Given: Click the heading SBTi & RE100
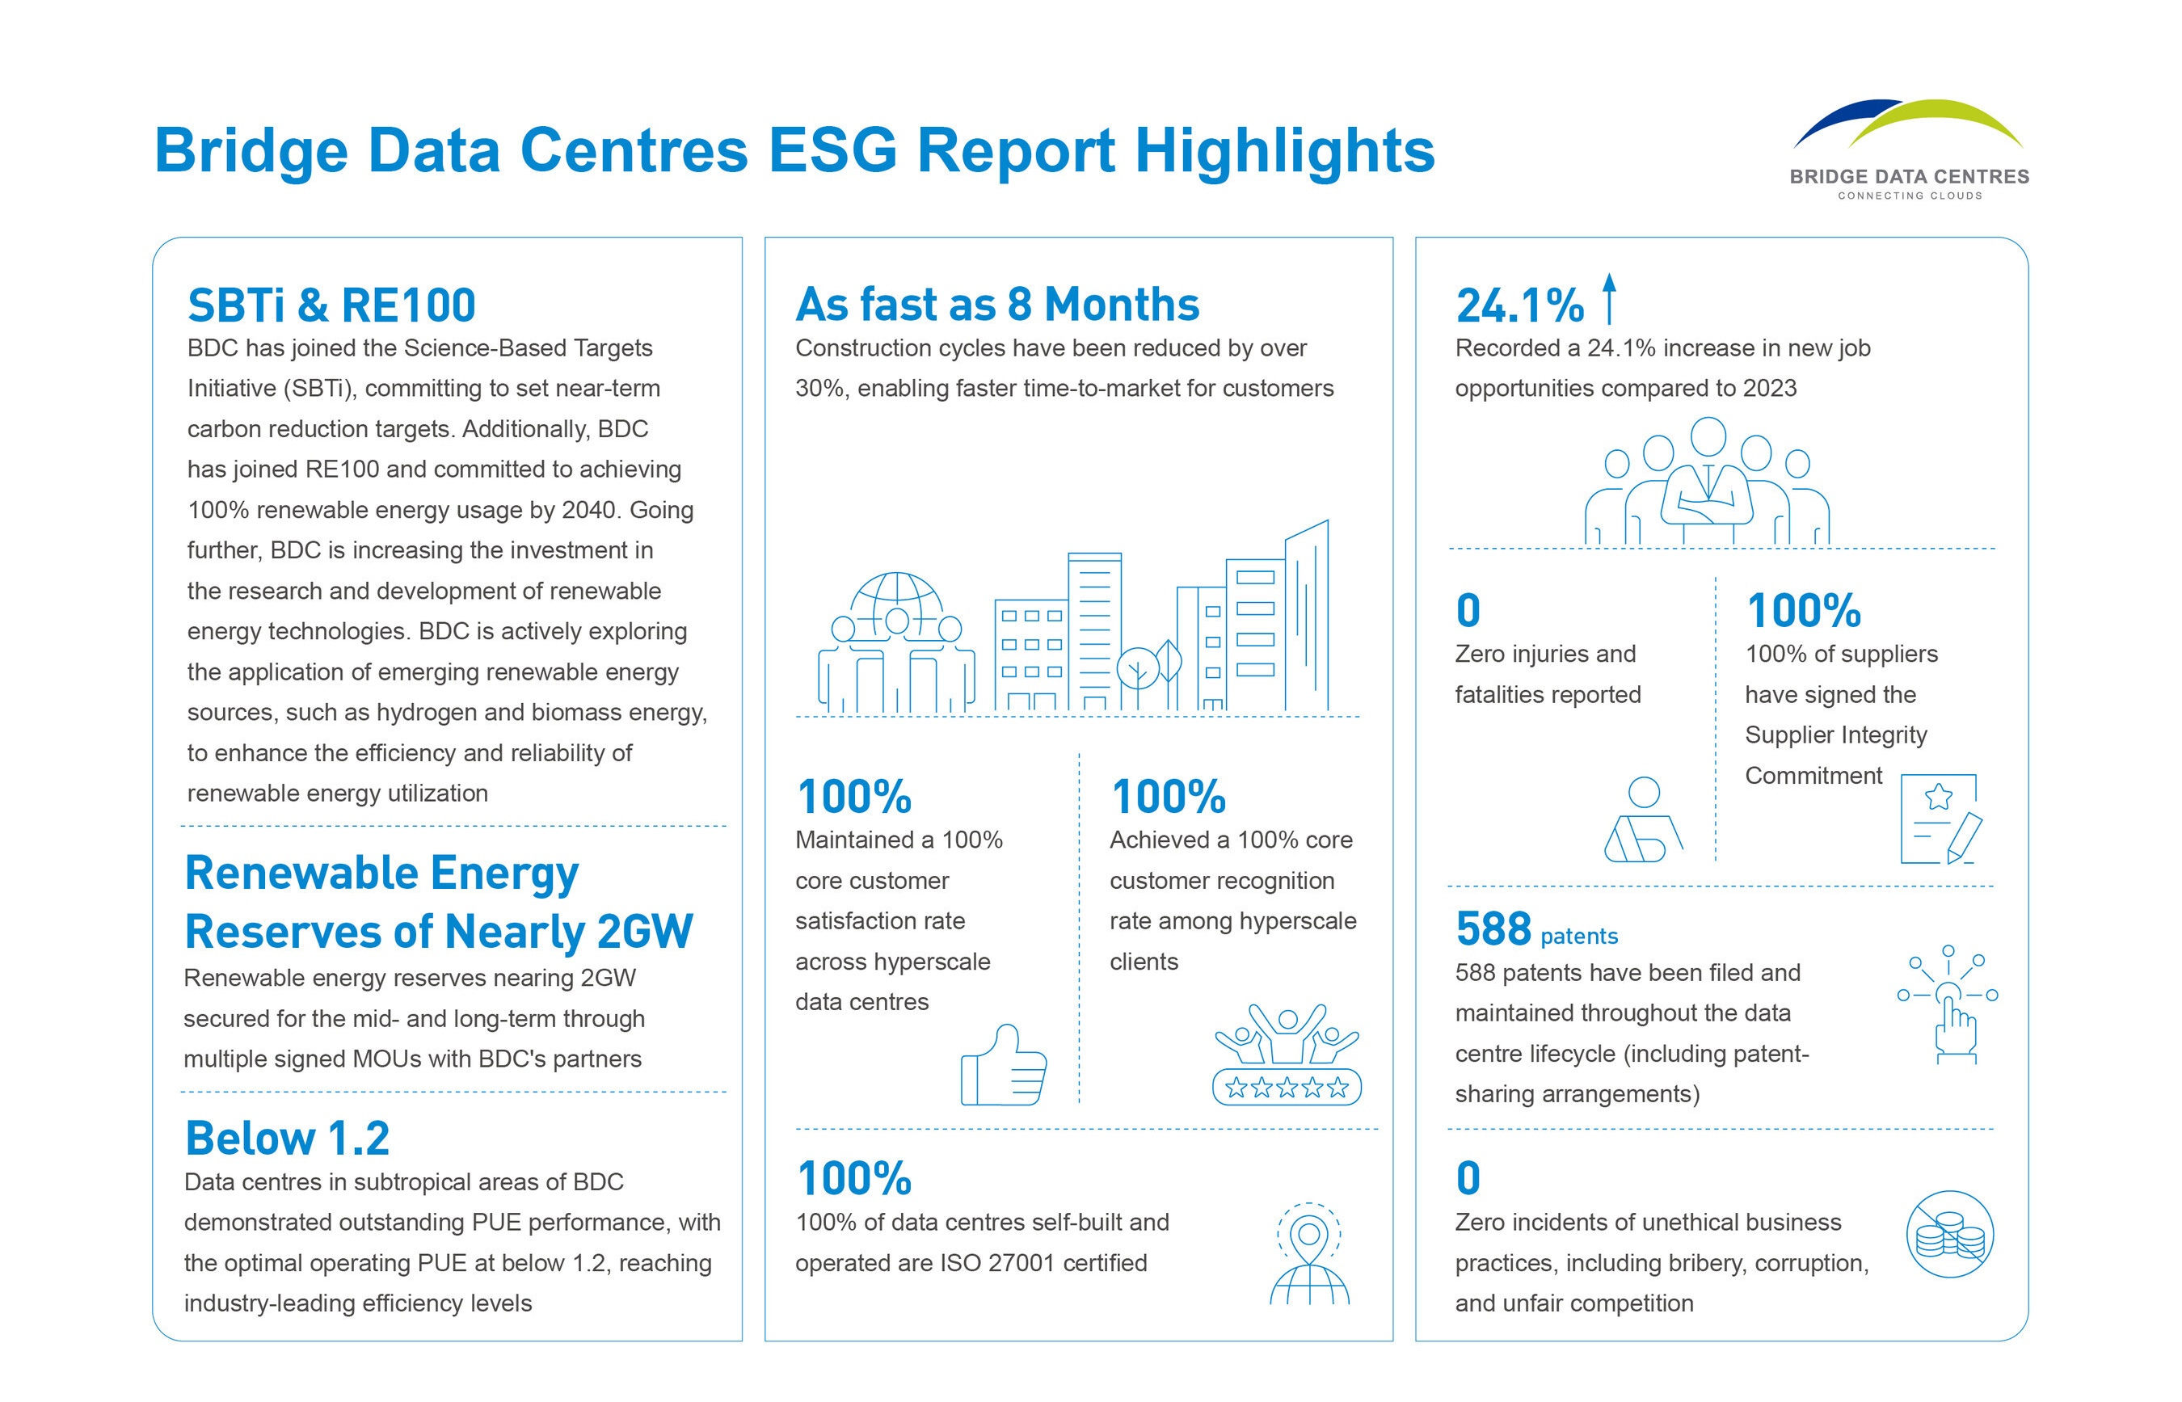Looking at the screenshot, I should point(331,305).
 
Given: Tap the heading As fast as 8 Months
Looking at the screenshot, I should point(996,304).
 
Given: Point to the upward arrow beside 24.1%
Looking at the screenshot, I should point(1608,299).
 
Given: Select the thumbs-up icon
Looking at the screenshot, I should point(1003,1066).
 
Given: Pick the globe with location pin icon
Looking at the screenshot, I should point(1309,1254).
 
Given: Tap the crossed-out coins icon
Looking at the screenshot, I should point(1949,1236).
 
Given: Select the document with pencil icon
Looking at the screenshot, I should point(1940,819).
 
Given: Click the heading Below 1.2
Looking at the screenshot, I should point(288,1138).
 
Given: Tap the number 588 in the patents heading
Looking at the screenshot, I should point(1493,929).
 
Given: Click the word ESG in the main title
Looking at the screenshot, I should point(832,150).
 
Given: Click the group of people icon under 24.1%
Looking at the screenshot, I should point(1707,482).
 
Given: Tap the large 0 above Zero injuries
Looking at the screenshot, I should point(1468,610).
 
